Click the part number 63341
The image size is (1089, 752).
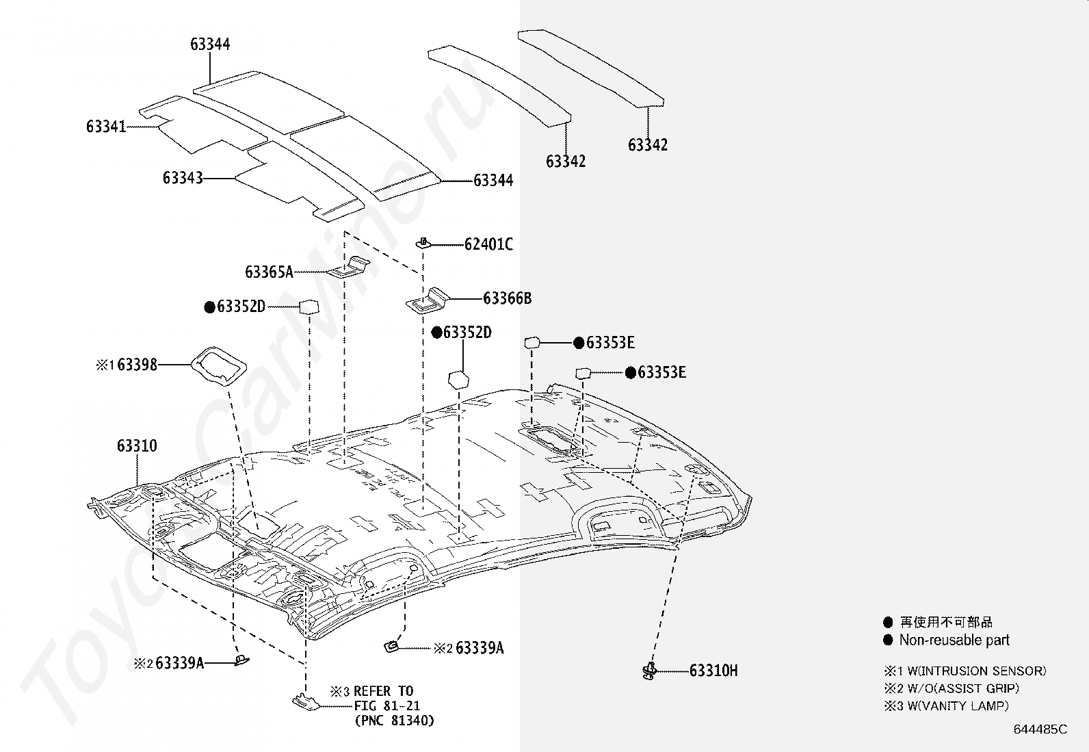point(106,127)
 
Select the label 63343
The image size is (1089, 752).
point(183,178)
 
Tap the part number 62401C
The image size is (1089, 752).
point(488,244)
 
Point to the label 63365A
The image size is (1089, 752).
point(270,272)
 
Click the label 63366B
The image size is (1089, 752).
point(508,298)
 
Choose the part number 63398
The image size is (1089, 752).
point(137,365)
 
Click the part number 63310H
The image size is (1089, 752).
point(713,671)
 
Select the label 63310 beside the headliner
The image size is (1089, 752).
point(137,446)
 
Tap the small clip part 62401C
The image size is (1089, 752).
point(423,243)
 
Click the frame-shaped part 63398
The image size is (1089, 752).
point(218,366)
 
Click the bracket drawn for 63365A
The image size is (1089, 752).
point(347,267)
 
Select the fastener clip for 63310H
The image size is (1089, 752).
point(649,671)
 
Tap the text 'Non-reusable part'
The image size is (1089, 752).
point(954,640)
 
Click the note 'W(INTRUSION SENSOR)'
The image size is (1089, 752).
point(977,671)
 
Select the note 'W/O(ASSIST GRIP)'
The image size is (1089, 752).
point(963,688)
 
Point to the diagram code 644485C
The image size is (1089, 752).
point(1040,729)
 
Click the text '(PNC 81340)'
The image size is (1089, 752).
point(394,721)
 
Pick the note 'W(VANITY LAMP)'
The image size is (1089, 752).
point(958,705)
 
